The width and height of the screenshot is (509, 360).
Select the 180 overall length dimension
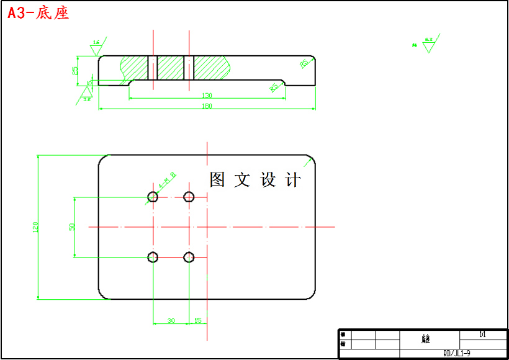pos(207,106)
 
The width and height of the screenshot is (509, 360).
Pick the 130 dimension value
pos(207,96)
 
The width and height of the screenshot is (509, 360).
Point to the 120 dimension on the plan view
pos(35,227)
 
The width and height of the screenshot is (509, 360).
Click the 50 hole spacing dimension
pos(72,227)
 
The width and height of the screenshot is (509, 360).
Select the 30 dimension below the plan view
pos(171,321)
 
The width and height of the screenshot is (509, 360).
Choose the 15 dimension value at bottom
pos(197,321)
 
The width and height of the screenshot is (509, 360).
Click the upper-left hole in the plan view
pos(153,197)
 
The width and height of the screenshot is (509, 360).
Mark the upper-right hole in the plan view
pos(189,197)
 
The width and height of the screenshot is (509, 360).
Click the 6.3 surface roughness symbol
pos(428,44)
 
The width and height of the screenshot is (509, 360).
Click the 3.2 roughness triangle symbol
pos(87,94)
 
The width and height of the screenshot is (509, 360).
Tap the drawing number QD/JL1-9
pos(456,353)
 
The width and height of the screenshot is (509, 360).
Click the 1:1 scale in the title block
pos(482,335)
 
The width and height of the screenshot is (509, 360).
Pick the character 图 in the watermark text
pos(217,180)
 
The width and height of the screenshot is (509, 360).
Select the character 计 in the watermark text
pos(293,180)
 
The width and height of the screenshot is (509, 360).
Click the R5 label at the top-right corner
pos(304,63)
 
